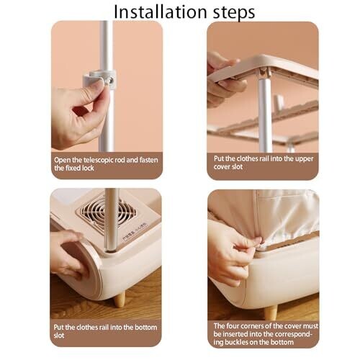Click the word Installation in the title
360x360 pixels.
pos(160,12)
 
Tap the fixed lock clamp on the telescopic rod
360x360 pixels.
pos(100,79)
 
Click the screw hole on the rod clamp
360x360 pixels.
pos(110,81)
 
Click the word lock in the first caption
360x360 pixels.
pos(87,168)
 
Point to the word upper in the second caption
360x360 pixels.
pos(304,159)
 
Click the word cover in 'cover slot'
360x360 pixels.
pos(222,167)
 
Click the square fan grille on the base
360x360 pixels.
pos(106,214)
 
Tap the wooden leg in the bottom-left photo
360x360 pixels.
pos(119,300)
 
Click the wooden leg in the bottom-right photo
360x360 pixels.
pos(271,312)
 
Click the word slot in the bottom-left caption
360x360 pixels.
pos(59,336)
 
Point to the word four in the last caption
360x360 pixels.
pos(232,326)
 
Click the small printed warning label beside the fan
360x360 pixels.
pos(135,231)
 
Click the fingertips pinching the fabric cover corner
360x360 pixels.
pos(257,241)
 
